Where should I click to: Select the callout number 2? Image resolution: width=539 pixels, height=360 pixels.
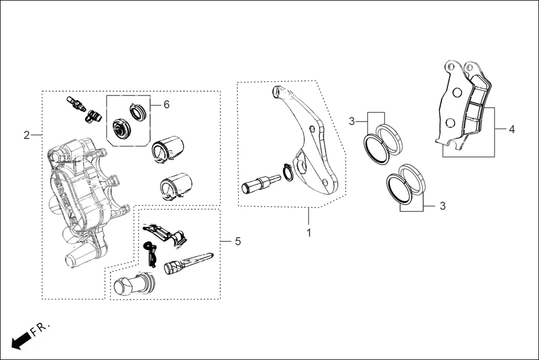coord(26,135)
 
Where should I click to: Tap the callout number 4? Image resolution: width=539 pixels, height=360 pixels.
coord(512,129)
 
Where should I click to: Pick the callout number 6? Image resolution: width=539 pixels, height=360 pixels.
coord(166,105)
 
